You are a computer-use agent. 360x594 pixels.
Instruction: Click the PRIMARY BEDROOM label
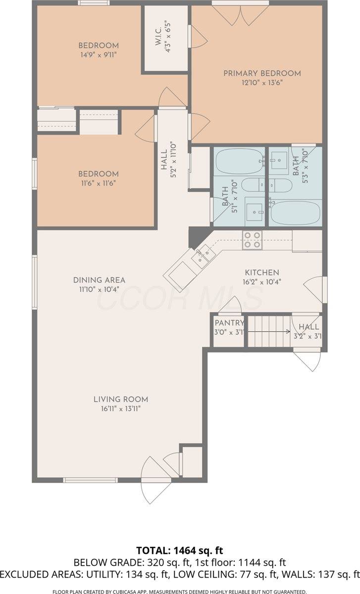point(262,73)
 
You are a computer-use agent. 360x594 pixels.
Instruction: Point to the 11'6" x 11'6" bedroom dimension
point(98,183)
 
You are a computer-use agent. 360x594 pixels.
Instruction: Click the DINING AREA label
point(99,280)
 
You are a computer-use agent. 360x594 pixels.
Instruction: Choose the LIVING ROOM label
point(121,399)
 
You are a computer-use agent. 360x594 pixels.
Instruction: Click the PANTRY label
point(229,323)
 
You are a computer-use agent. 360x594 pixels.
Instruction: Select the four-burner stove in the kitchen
point(252,240)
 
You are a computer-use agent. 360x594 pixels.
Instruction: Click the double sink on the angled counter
point(203,257)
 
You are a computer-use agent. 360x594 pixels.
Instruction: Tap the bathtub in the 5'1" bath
point(240,162)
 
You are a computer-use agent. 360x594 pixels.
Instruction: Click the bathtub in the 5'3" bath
point(294,212)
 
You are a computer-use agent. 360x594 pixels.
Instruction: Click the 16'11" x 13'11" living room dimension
point(121,408)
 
